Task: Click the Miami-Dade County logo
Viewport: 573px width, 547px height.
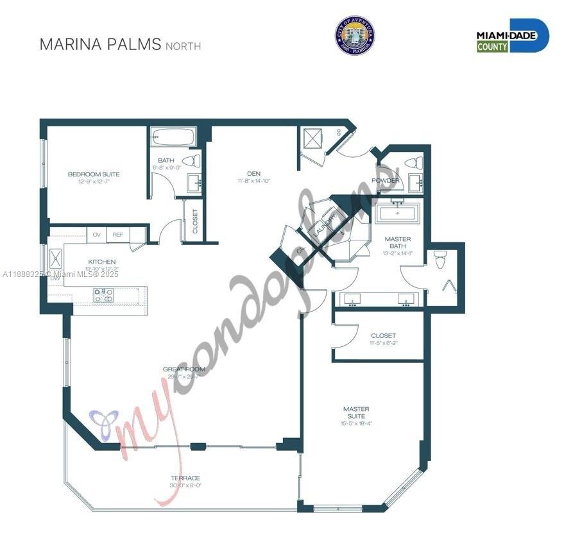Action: (x=513, y=35)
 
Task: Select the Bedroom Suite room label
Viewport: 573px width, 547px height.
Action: (x=94, y=174)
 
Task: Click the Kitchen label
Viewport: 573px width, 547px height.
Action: (x=102, y=262)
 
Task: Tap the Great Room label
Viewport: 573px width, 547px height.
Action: (x=184, y=369)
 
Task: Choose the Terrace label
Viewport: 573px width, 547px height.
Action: (x=185, y=478)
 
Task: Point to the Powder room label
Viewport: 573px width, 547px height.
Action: (x=385, y=180)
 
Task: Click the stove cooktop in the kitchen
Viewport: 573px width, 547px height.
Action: (x=104, y=295)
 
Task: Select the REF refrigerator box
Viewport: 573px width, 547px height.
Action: (x=117, y=235)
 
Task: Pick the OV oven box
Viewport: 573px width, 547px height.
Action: (x=97, y=235)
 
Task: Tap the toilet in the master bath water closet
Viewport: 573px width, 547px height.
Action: (x=440, y=260)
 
